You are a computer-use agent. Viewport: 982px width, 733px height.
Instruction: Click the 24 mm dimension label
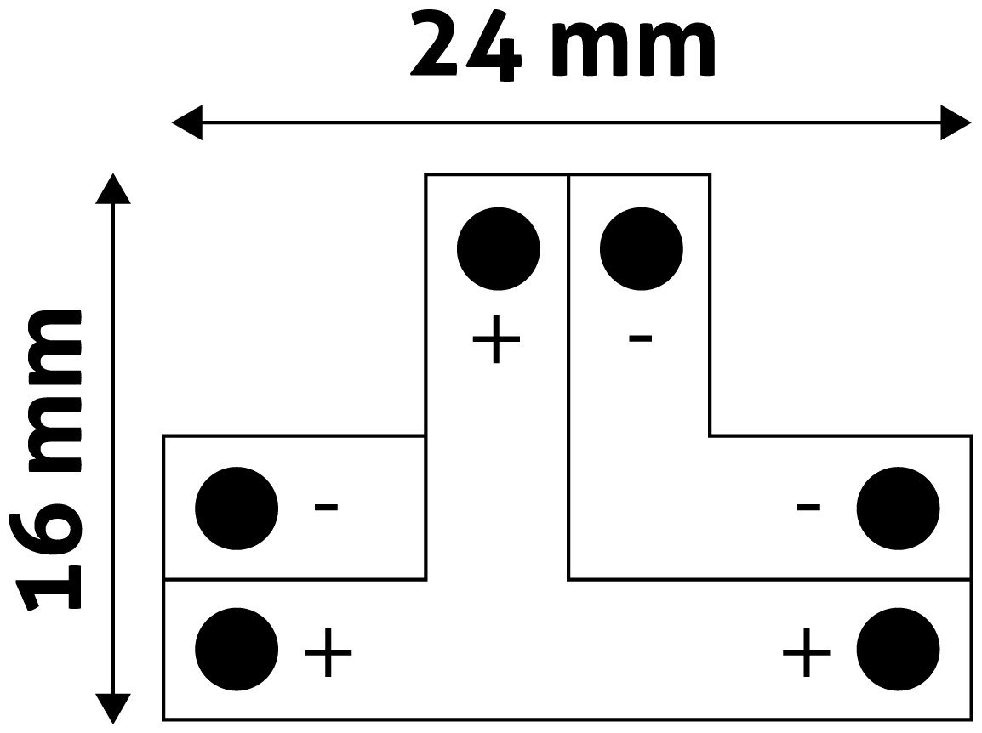pos(563,46)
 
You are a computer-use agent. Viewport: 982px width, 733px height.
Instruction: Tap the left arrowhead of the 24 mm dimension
pos(187,122)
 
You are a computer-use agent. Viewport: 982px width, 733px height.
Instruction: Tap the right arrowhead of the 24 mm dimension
pos(956,122)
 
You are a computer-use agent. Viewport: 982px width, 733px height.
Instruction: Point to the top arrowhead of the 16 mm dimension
pos(113,189)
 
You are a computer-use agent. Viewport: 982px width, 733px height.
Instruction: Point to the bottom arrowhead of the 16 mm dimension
pos(113,708)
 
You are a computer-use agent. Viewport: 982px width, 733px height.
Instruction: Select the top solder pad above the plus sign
pos(499,249)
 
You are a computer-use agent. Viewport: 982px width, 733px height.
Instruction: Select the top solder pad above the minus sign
pos(642,249)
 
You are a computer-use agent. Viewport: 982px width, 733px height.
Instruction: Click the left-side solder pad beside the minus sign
pos(237,509)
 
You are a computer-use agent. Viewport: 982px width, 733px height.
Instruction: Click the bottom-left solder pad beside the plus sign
pos(237,649)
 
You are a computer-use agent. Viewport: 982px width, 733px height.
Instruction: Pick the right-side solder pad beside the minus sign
pos(898,509)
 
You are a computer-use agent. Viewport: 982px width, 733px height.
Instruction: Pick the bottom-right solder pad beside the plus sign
pos(898,649)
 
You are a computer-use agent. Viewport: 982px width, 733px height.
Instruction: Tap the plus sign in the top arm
pos(497,339)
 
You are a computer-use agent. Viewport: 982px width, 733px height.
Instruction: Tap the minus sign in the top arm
pos(640,338)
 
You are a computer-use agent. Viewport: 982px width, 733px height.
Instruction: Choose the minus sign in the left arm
pos(326,507)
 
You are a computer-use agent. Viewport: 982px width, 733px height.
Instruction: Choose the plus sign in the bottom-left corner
pos(328,653)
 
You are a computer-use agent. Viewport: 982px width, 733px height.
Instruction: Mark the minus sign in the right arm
pos(808,507)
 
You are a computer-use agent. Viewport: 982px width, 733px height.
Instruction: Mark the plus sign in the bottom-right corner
pos(807,653)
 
